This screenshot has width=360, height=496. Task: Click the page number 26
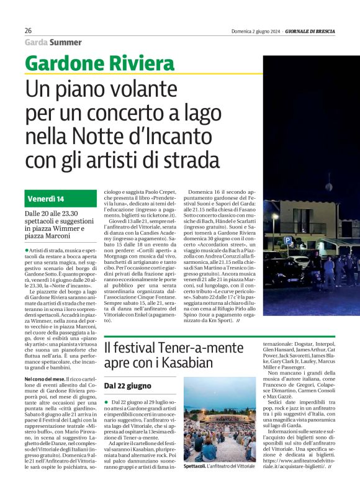click(29, 30)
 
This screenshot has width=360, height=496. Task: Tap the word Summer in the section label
click(65, 42)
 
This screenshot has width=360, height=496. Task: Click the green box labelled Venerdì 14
click(61, 199)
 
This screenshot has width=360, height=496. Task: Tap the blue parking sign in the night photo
click(287, 239)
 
